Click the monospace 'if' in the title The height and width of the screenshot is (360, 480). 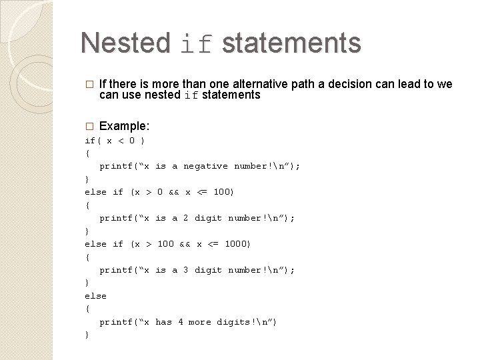click(197, 44)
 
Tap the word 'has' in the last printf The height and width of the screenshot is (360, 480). click(163, 322)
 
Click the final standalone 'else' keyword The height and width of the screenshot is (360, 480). click(95, 296)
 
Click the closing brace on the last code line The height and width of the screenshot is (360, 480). click(87, 335)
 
